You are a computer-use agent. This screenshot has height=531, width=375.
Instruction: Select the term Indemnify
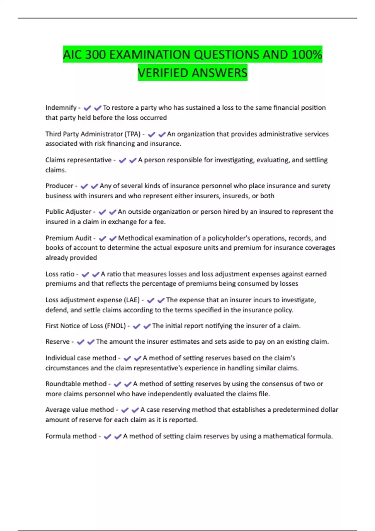tap(61, 108)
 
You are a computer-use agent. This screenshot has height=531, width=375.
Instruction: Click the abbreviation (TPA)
tap(132, 134)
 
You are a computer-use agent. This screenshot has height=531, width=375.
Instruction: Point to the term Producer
tap(59, 186)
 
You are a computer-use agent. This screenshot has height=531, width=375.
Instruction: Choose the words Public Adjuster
tap(68, 212)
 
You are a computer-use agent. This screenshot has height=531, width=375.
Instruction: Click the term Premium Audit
tap(68, 238)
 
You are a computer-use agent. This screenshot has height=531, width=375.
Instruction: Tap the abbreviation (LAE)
tap(132, 300)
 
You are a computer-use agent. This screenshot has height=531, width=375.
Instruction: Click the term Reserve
tap(57, 342)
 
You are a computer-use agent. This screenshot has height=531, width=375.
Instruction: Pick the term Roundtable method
tap(76, 384)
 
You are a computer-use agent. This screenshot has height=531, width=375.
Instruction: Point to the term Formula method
tap(71, 436)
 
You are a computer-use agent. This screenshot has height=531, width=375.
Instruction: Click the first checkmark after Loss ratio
tap(85, 275)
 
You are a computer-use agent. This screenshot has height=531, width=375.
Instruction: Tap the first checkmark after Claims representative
tap(122, 161)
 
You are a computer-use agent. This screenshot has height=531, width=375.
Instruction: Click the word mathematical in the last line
tap(284, 436)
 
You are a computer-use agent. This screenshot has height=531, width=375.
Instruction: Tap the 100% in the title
tap(306, 55)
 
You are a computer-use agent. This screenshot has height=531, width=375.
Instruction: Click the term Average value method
tap(80, 410)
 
